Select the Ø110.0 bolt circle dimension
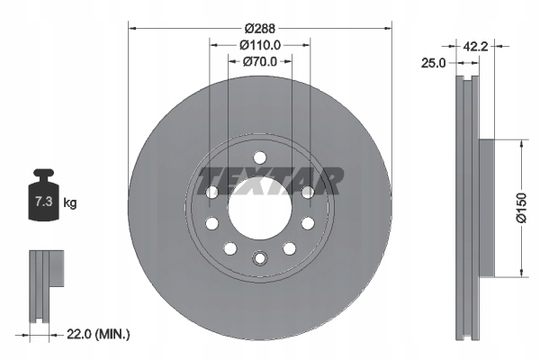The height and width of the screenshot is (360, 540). pos(259,43)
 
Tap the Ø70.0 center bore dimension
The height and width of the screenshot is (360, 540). pos(259,62)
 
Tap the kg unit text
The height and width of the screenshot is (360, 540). pos(70,203)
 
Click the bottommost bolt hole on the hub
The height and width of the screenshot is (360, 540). pos(259,259)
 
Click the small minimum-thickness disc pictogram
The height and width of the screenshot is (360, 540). pos(47,278)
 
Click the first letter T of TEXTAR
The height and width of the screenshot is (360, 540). pos(207,180)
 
